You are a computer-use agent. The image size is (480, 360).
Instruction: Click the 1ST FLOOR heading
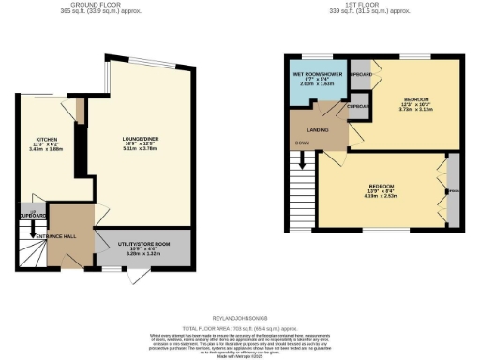tap(364, 5)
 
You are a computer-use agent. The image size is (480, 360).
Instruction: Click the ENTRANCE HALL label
tap(32, 237)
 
